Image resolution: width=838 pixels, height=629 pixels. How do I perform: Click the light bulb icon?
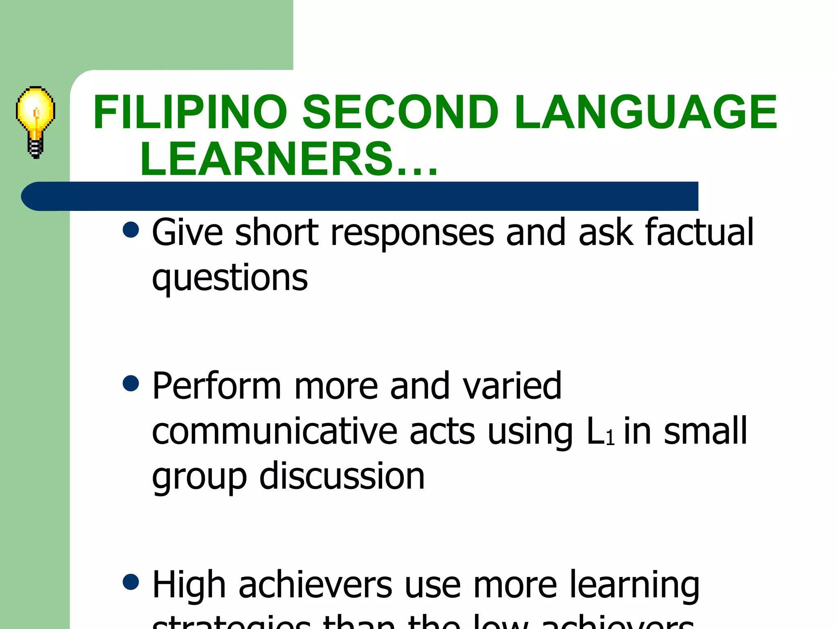(36, 122)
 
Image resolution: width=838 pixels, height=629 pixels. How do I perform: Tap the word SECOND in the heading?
(400, 112)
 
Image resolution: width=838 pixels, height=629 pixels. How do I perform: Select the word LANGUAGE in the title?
(646, 112)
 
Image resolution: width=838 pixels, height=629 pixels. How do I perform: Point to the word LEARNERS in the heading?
(266, 159)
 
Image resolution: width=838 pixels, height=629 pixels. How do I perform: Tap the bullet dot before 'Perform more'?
(131, 384)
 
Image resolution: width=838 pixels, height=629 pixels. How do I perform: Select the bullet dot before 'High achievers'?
(131, 582)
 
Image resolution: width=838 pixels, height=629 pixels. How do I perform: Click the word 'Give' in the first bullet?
(188, 232)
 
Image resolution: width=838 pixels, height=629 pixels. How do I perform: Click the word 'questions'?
(230, 278)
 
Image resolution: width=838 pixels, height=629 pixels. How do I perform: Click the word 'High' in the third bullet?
(189, 585)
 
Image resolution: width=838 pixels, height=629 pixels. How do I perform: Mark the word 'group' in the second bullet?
(199, 477)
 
